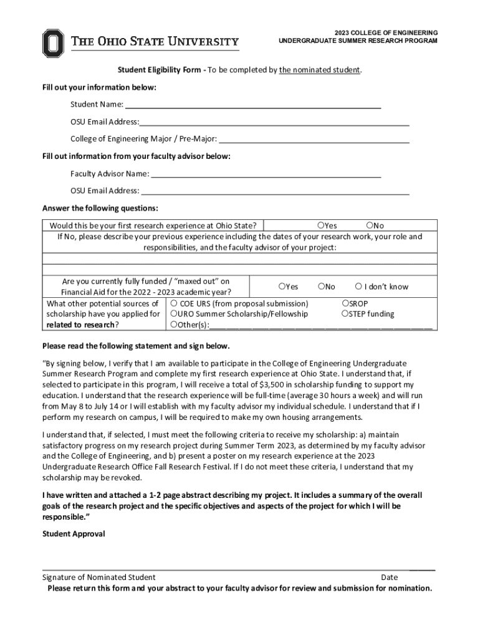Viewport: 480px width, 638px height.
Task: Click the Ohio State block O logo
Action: click(54, 42)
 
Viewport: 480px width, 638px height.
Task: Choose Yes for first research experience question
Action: click(320, 226)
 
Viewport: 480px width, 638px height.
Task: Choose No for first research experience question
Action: click(370, 226)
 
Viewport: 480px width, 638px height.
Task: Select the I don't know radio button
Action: click(358, 287)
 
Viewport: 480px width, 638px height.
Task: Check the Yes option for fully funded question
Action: click(282, 287)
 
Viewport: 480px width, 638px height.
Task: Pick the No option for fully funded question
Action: click(320, 287)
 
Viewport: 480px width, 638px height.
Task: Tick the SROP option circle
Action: click(345, 303)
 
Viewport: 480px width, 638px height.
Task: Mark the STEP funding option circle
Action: click(345, 314)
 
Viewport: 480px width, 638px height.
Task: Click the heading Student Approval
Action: click(74, 534)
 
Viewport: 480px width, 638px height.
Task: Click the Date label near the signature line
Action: click(389, 578)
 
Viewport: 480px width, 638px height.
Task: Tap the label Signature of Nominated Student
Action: click(98, 578)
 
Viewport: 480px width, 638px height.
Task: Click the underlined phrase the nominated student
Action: click(319, 70)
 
